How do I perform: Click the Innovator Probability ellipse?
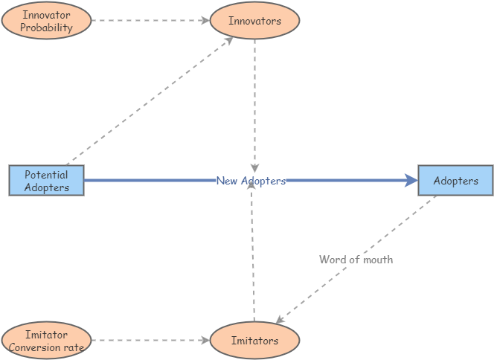click(x=47, y=21)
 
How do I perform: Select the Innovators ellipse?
click(x=254, y=21)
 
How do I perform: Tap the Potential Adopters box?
click(x=46, y=181)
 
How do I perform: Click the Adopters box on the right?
click(x=455, y=181)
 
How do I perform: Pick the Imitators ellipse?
click(x=254, y=341)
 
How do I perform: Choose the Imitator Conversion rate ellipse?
click(x=47, y=341)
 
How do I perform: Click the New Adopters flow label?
click(x=251, y=181)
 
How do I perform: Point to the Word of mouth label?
click(x=356, y=260)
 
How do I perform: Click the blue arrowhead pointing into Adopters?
click(x=411, y=180)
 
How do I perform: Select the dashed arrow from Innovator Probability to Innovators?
click(x=149, y=21)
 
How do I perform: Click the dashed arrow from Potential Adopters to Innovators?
click(x=149, y=100)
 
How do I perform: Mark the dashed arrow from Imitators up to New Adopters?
click(x=254, y=253)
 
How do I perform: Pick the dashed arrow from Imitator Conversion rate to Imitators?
click(x=149, y=341)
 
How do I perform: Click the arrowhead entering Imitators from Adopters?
click(x=280, y=321)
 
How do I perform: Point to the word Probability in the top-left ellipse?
click(x=47, y=28)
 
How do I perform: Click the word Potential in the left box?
click(x=46, y=176)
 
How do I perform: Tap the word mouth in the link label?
click(x=377, y=260)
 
